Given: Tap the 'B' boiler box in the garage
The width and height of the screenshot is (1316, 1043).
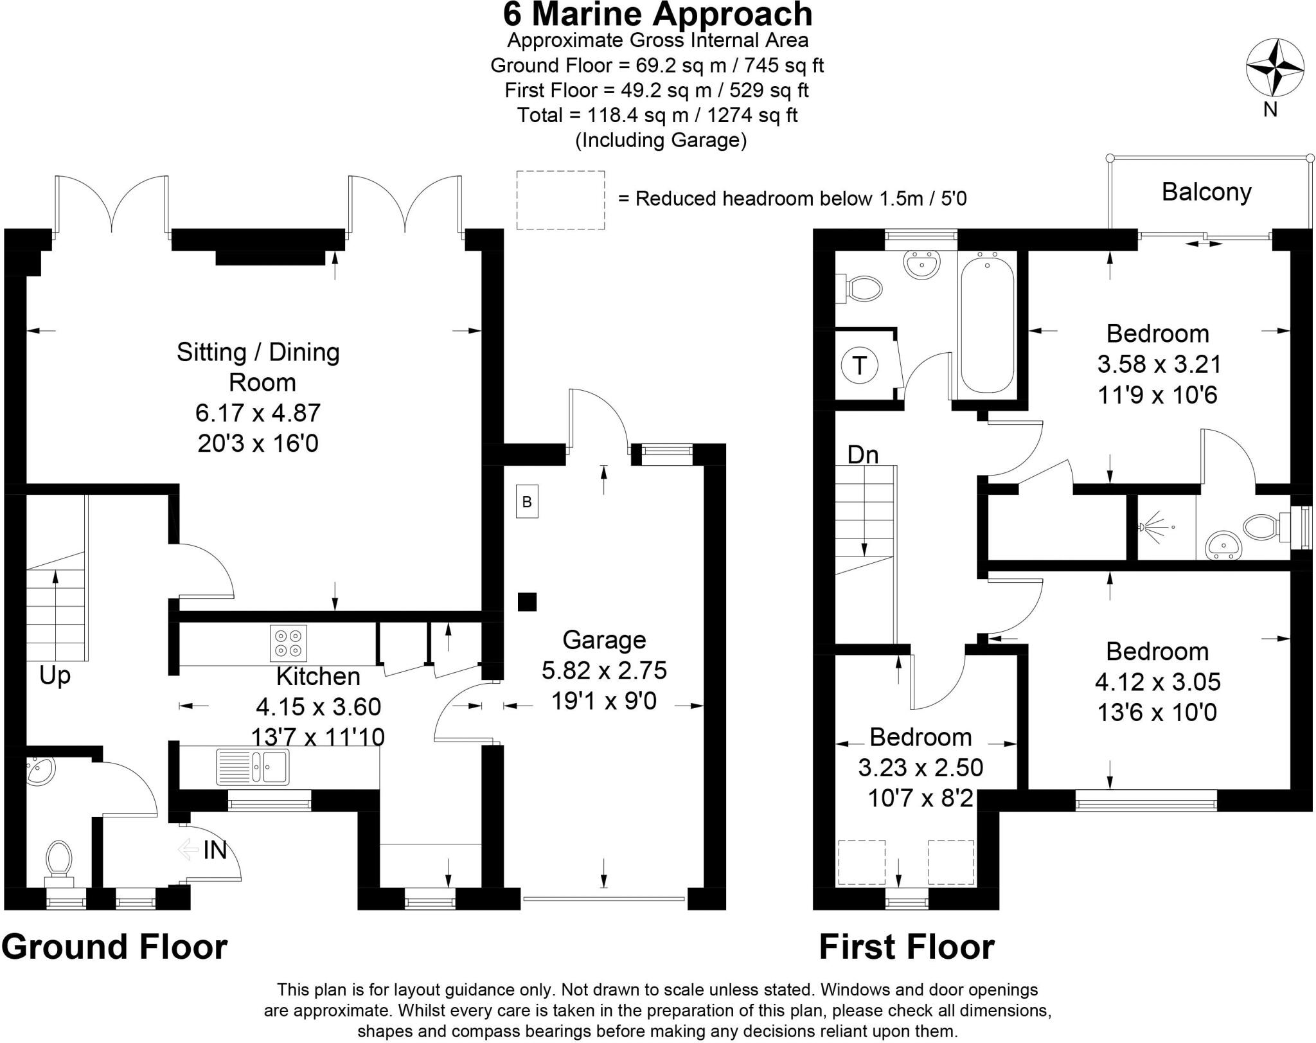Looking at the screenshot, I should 527,501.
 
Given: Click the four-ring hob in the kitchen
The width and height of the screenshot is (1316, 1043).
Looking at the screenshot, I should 288,643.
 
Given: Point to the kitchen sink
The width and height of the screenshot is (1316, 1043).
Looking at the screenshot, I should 253,766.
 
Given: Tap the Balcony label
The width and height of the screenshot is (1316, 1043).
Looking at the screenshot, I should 1206,192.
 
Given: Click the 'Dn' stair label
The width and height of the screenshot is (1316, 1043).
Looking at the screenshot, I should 862,455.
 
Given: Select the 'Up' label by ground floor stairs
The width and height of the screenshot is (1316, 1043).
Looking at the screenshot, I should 55,676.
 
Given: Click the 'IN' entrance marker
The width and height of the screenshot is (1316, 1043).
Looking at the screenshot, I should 214,851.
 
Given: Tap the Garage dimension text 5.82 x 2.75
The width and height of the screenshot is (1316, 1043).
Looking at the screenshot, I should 604,670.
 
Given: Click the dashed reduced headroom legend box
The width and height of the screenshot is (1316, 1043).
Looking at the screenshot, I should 560,200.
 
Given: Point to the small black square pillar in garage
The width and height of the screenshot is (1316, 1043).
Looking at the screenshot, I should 527,602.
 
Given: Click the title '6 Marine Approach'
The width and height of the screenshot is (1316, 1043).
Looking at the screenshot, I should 657,14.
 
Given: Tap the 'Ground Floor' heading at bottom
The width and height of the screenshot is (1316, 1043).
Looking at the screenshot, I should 114,947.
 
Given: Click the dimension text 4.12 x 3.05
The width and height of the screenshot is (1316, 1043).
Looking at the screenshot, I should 1157,681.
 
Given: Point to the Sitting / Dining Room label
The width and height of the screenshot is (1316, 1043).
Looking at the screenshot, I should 258,367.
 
